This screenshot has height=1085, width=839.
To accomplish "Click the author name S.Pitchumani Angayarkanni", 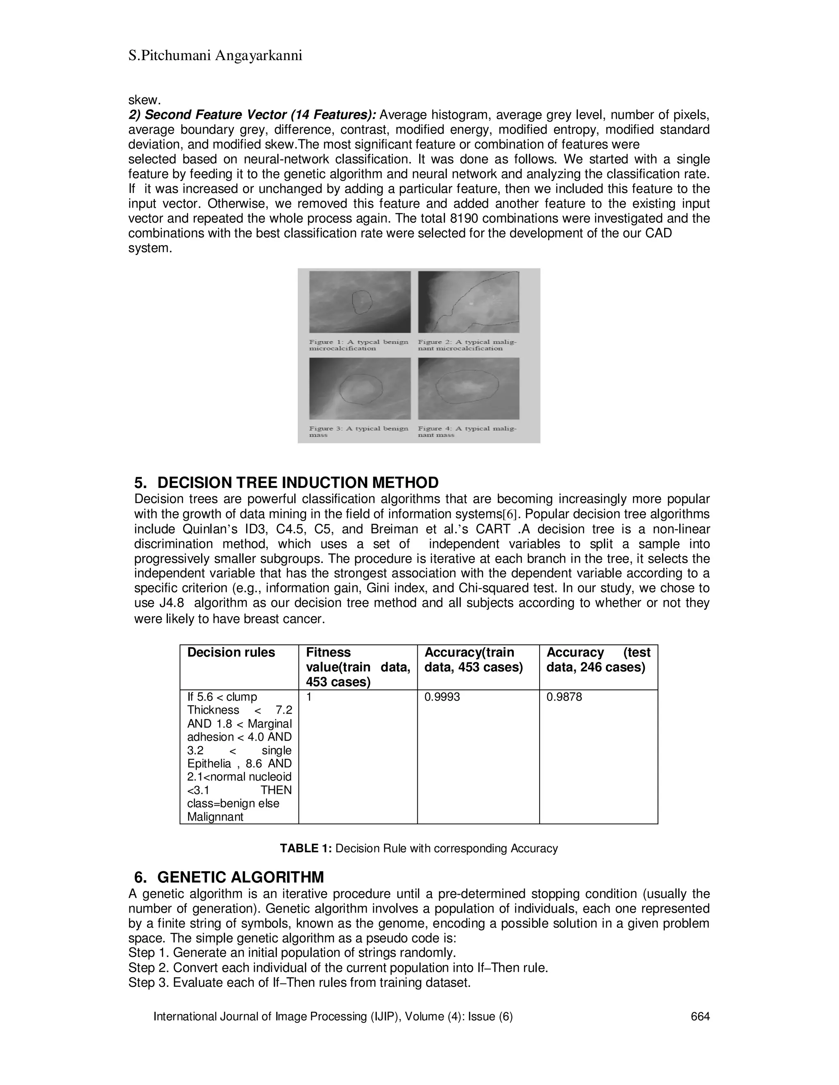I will (215, 56).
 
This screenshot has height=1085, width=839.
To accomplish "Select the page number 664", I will (700, 1017).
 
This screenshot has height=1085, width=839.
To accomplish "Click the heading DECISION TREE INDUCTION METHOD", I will (297, 482).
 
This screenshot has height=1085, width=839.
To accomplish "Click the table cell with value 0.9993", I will (442, 697).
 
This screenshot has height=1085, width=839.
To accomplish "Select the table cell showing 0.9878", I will (564, 697).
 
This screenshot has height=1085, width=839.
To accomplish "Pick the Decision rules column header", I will (231, 652).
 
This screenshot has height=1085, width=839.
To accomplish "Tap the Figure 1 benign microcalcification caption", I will (358, 345).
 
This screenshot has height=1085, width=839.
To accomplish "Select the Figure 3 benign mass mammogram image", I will (359, 389).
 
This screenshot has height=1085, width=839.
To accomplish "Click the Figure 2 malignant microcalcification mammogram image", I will (468, 302).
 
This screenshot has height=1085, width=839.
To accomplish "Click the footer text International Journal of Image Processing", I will (333, 1017).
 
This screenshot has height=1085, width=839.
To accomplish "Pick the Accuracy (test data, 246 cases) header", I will (598, 659).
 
